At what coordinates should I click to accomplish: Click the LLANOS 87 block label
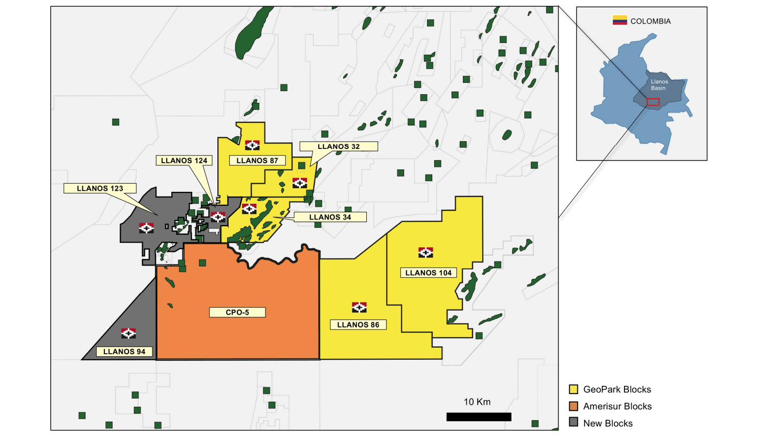pyautogui.click(x=257, y=161)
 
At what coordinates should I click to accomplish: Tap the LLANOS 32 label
pyautogui.click(x=339, y=147)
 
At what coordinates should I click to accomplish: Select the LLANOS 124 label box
pyautogui.click(x=184, y=161)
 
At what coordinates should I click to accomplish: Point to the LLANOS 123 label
pyautogui.click(x=100, y=188)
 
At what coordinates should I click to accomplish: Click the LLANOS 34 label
pyautogui.click(x=330, y=217)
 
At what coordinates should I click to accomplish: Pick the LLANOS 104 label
pyautogui.click(x=428, y=273)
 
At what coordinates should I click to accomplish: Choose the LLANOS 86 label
pyautogui.click(x=358, y=324)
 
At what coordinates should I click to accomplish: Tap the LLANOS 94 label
pyautogui.click(x=124, y=352)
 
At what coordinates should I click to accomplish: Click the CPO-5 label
pyautogui.click(x=237, y=312)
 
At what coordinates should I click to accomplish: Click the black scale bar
pyautogui.click(x=479, y=417)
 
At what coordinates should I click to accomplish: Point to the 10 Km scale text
pyautogui.click(x=477, y=402)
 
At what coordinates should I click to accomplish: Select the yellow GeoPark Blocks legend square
pyautogui.click(x=574, y=389)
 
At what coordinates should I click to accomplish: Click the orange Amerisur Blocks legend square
pyautogui.click(x=574, y=406)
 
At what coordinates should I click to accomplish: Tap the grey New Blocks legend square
pyautogui.click(x=574, y=423)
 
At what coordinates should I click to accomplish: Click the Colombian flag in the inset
pyautogui.click(x=620, y=20)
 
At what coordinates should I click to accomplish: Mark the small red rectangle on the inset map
pyautogui.click(x=653, y=102)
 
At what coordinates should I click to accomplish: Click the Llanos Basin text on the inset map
pyautogui.click(x=659, y=85)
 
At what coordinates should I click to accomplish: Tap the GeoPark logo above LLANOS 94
pyautogui.click(x=128, y=333)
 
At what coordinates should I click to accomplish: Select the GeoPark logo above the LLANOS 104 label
pyautogui.click(x=426, y=252)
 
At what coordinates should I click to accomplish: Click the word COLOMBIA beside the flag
pyautogui.click(x=651, y=21)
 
